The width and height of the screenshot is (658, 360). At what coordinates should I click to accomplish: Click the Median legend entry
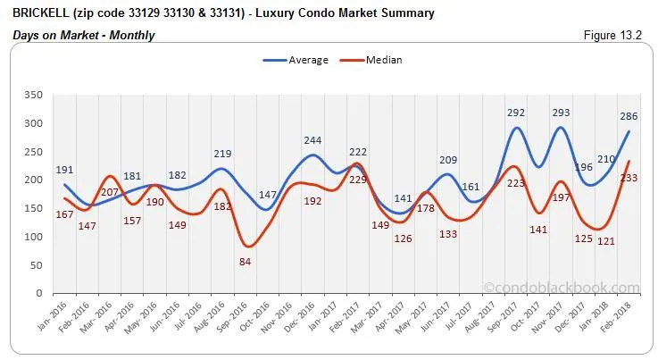click(x=373, y=60)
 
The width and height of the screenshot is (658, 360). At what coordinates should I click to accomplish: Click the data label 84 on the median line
click(x=244, y=261)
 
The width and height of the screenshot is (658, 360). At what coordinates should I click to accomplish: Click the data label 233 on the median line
click(x=629, y=178)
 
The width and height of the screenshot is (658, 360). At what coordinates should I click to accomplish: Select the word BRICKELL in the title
click(x=40, y=13)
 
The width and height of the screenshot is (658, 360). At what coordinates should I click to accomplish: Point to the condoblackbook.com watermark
click(x=562, y=288)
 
